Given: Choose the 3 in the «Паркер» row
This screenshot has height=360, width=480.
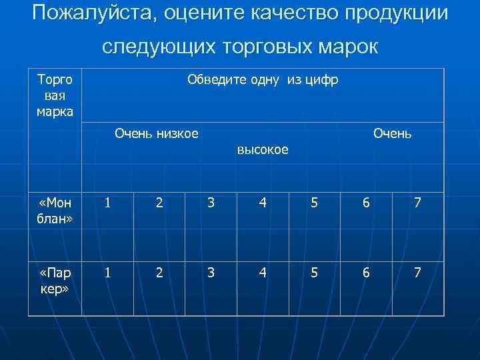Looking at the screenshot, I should click(211, 272).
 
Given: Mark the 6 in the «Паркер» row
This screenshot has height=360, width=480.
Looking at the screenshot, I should click(366, 272).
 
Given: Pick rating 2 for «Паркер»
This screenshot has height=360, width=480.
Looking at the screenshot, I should click(159, 272).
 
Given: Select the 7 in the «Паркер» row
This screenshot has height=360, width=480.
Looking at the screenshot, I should click(417, 272).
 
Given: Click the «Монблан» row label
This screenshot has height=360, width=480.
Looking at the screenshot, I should click(55, 211).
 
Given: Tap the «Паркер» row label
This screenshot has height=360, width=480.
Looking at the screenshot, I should click(55, 281).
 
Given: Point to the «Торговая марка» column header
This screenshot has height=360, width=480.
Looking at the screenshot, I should click(55, 95).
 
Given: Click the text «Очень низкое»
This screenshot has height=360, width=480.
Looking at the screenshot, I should click(157, 133).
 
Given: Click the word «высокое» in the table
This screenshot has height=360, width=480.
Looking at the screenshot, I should click(263, 150).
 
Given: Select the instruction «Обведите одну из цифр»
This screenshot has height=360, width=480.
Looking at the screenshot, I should click(263, 80).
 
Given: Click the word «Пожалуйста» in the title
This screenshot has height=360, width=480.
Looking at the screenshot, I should click(91, 13).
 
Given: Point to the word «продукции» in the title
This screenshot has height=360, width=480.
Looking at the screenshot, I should click(393, 13).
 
